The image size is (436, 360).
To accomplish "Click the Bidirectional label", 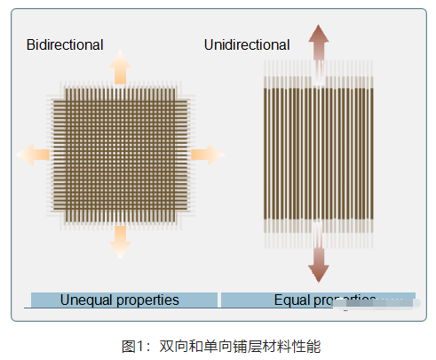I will pos(65,44).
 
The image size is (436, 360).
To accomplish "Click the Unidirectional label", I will pos(246,44).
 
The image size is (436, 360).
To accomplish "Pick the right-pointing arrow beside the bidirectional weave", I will pos(208,155).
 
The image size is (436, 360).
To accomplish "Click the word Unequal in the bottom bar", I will pos(86,300).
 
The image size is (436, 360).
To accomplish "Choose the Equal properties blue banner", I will pos(317,300).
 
